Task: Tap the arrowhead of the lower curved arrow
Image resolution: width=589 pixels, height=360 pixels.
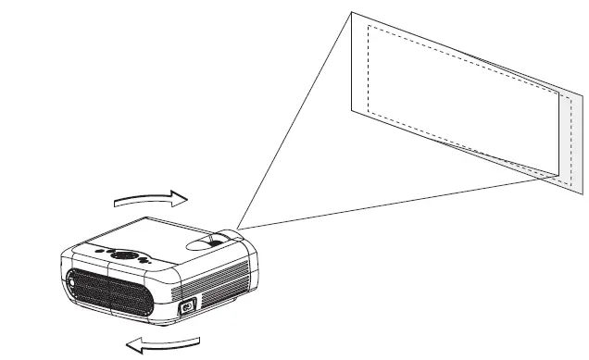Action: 131,346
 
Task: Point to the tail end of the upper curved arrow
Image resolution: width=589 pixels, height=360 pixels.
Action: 115,203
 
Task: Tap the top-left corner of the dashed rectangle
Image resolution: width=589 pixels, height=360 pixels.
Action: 369,26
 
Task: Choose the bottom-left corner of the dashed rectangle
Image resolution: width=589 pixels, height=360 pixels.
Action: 369,109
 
